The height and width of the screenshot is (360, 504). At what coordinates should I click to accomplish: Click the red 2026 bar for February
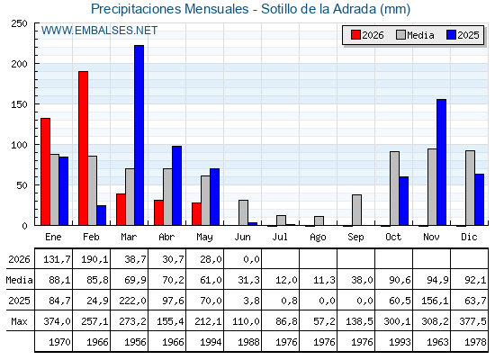point(83,148)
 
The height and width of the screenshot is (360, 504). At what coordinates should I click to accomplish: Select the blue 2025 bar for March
point(139,135)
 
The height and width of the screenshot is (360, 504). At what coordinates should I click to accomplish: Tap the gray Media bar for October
point(395,188)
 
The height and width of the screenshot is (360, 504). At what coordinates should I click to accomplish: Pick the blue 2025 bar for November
point(442,162)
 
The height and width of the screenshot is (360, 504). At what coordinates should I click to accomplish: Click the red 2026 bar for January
point(45,172)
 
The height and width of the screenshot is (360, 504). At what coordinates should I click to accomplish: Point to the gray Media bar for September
point(356,210)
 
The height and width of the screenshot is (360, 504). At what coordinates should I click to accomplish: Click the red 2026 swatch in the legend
point(355,35)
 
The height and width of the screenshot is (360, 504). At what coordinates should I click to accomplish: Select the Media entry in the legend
point(415,35)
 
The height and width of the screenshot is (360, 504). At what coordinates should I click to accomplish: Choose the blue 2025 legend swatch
point(451,35)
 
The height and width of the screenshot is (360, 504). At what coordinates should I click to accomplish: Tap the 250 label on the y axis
point(19,23)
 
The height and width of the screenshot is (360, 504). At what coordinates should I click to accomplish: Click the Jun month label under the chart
point(242,238)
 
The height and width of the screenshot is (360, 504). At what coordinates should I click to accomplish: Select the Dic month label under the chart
point(469,238)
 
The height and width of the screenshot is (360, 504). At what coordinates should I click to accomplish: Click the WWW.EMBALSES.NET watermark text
point(99,31)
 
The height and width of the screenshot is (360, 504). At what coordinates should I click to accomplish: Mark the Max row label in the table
point(19,321)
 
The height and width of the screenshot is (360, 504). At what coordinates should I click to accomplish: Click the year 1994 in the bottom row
point(211,342)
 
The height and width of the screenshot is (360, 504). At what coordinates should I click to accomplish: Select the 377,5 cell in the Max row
point(472,321)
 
